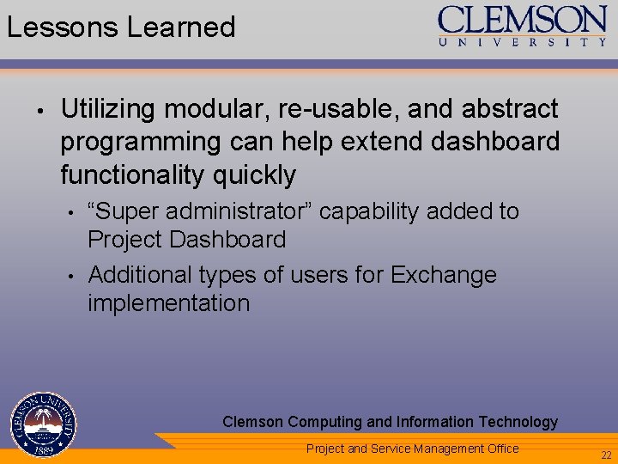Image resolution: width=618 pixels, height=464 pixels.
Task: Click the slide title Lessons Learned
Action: click(x=121, y=27)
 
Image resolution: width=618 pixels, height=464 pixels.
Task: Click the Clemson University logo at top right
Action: click(x=523, y=26)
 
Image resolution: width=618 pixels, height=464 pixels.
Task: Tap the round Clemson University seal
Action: click(x=44, y=424)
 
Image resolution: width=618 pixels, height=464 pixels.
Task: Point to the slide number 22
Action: click(x=606, y=455)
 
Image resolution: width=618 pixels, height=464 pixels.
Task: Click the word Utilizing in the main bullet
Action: click(x=108, y=110)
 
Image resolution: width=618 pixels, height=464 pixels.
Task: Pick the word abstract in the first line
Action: click(x=510, y=110)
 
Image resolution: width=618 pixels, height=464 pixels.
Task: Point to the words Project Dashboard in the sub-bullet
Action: click(x=186, y=240)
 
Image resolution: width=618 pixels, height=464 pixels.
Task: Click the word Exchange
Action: click(x=444, y=275)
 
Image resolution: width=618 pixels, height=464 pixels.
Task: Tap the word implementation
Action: click(x=168, y=303)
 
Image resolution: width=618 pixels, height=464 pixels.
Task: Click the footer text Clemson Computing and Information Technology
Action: click(x=390, y=422)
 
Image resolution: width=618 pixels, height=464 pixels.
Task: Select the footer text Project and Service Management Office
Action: click(x=412, y=449)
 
